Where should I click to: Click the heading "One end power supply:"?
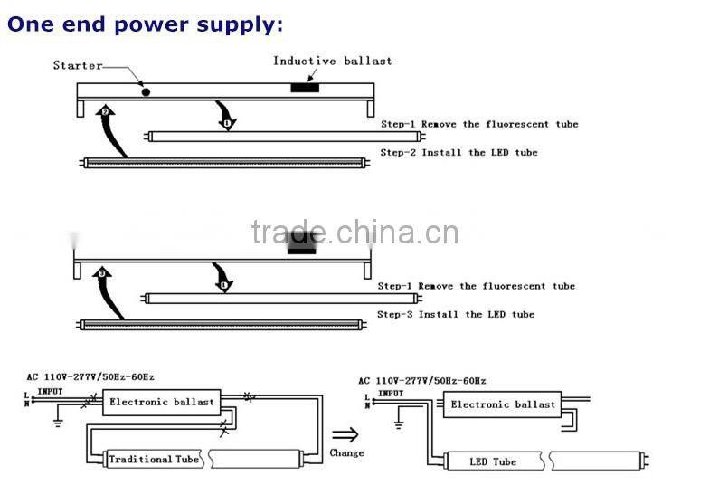click(x=145, y=24)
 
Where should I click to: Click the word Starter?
click(x=78, y=65)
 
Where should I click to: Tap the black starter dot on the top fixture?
click(x=145, y=91)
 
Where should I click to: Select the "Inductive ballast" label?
click(x=333, y=62)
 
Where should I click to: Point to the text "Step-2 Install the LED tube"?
click(x=458, y=153)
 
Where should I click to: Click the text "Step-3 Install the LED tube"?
click(x=456, y=315)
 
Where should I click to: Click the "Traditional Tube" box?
click(x=153, y=459)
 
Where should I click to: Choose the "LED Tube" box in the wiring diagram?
click(x=493, y=461)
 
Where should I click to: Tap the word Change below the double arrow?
click(x=346, y=453)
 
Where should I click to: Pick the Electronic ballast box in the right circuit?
click(x=503, y=404)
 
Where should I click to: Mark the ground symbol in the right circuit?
click(x=394, y=424)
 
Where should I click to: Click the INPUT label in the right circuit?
click(x=391, y=394)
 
